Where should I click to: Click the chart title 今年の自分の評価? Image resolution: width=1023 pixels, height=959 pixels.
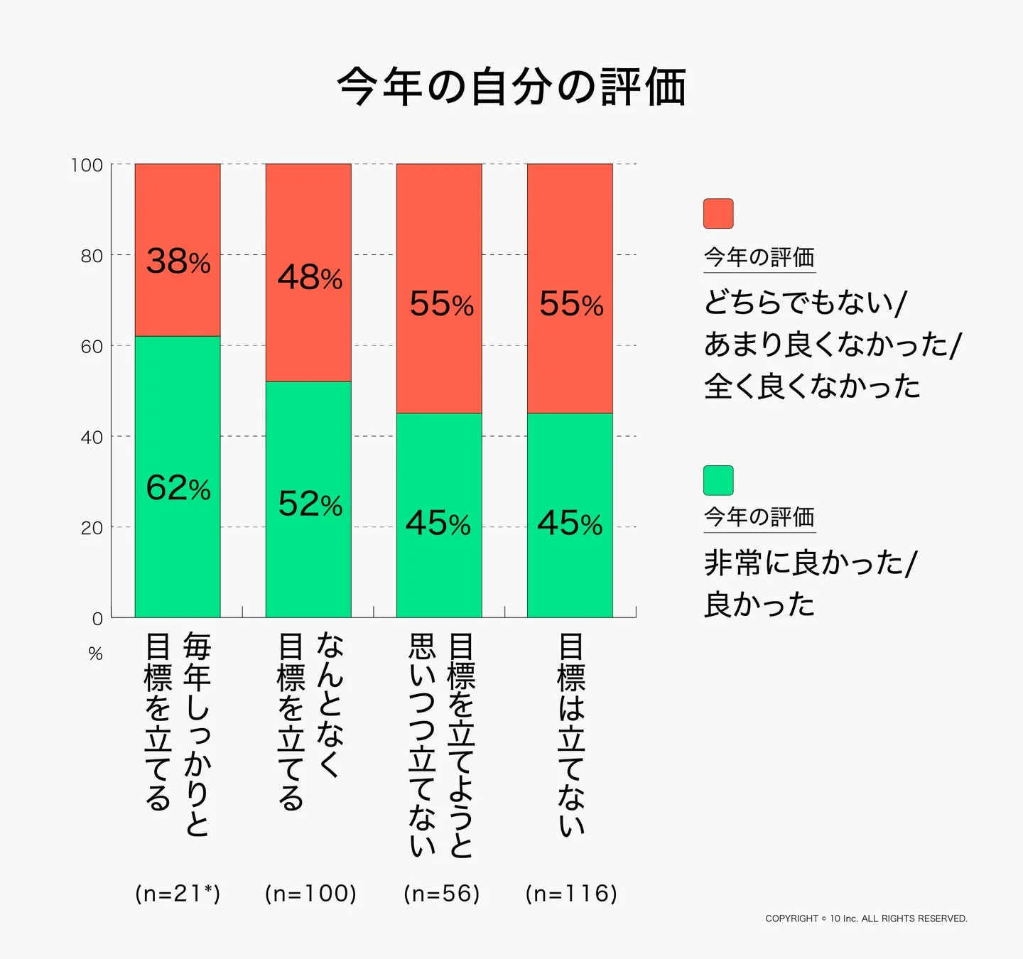511,87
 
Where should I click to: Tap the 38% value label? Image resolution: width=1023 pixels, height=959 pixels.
178,261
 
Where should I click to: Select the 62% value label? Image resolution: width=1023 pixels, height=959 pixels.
178,488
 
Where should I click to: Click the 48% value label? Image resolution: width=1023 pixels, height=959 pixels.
310,277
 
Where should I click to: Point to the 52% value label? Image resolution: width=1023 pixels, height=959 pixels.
310,504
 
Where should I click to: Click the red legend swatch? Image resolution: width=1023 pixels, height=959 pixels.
718,214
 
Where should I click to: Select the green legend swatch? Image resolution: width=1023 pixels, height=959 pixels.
718,481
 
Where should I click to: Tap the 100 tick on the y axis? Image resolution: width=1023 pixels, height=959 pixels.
87,166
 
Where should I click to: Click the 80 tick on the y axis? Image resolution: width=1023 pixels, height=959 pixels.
91,256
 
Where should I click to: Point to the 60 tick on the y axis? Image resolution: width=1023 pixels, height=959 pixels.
91,347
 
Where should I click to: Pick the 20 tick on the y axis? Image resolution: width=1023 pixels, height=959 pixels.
91,528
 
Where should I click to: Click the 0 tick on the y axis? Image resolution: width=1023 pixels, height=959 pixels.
97,619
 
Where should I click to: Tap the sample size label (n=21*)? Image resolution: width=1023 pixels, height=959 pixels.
178,893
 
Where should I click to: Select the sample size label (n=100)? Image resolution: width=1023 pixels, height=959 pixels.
310,893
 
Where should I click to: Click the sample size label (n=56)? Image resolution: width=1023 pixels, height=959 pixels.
441,893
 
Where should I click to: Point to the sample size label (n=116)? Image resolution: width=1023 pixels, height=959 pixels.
571,893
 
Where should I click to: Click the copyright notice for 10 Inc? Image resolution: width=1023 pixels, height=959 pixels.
866,919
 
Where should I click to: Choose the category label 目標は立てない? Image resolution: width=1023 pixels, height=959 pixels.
571,735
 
